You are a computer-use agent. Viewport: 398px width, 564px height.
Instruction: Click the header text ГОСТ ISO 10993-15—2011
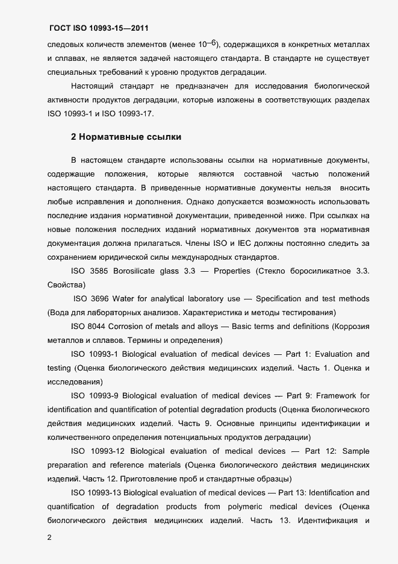(98, 28)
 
